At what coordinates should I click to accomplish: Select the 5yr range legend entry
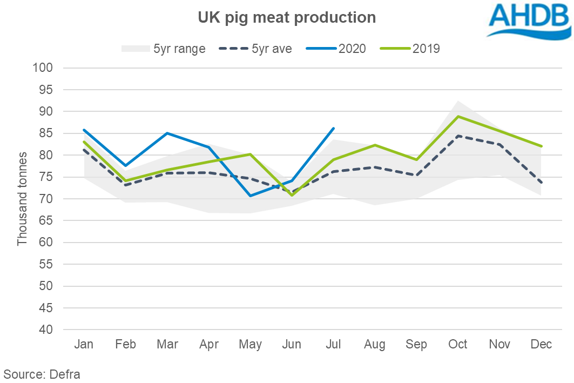tap(163, 49)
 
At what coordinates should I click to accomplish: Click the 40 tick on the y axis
tap(46, 330)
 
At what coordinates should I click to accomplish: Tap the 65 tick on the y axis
tap(46, 220)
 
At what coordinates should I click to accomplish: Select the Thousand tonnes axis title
tap(22, 199)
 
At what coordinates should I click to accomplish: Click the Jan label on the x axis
tap(84, 345)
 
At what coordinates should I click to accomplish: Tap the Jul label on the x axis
tap(333, 345)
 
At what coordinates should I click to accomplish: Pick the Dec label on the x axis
tap(541, 345)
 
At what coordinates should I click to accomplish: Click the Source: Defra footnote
tap(42, 374)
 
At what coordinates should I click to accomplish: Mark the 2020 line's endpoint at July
tap(334, 128)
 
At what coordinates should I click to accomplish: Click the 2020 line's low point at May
tap(250, 196)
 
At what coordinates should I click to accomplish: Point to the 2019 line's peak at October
tap(458, 116)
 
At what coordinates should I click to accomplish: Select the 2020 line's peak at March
tap(167, 133)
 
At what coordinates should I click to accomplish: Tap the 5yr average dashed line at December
tap(541, 183)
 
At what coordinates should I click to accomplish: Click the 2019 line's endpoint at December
tap(541, 146)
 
